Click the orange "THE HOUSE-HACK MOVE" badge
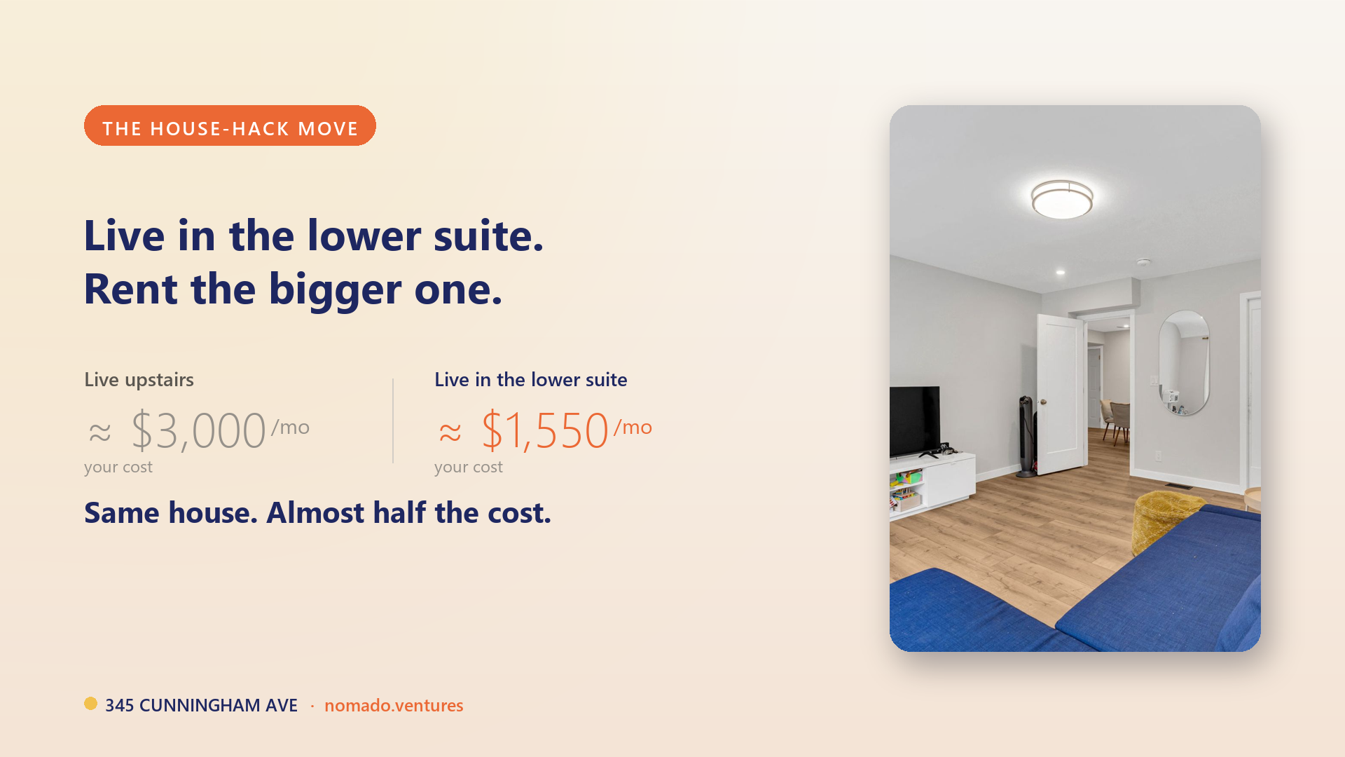[230, 125]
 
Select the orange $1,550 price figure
[545, 430]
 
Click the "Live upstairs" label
[139, 380]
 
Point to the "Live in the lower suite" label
[531, 380]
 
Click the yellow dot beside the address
[90, 703]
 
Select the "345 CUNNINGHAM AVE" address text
[201, 705]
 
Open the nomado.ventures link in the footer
[394, 705]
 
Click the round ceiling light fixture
[1062, 199]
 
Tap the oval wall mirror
[1184, 363]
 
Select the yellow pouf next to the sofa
[1167, 519]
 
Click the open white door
[1060, 394]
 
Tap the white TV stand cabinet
[932, 483]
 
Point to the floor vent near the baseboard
[1179, 486]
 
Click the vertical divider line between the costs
[393, 421]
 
